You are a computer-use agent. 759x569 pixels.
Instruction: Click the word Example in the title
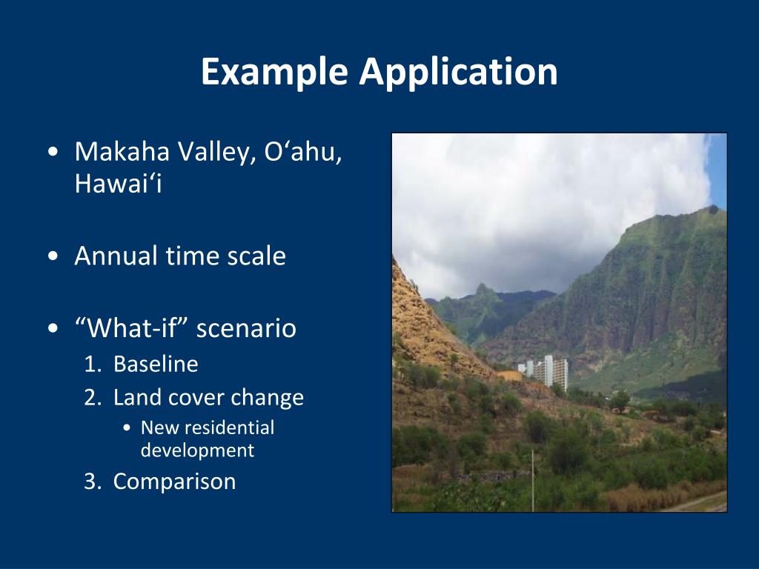tap(274, 72)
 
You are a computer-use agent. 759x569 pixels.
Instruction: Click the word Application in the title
tap(458, 72)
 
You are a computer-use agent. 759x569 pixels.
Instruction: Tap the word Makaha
tap(122, 151)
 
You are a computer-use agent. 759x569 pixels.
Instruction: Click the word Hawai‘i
tap(118, 184)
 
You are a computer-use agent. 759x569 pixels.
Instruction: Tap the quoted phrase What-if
tap(131, 327)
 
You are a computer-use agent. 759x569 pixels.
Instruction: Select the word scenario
tap(246, 328)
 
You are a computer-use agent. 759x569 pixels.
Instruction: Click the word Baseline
tap(156, 364)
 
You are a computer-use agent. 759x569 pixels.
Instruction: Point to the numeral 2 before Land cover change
tap(90, 397)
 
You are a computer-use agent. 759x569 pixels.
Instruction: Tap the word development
tap(197, 450)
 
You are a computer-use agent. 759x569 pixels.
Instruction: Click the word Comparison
tap(174, 482)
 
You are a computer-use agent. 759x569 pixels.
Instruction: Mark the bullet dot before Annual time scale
tap(53, 256)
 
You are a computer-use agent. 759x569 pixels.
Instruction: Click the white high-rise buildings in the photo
tap(544, 372)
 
